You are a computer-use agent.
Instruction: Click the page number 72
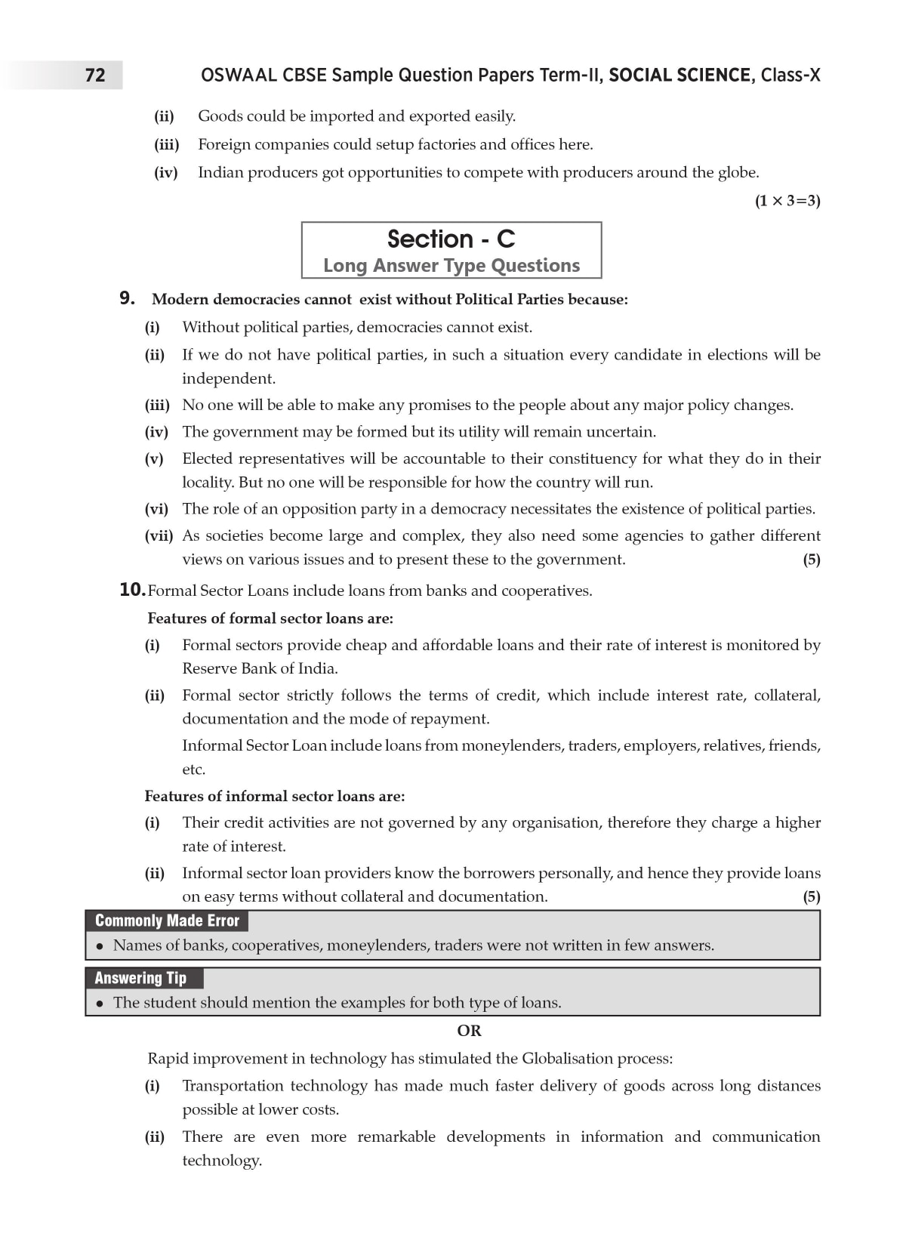(95, 76)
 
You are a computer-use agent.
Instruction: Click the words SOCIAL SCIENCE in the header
(679, 76)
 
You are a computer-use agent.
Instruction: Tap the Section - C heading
(451, 239)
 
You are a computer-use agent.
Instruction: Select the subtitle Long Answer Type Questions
(451, 266)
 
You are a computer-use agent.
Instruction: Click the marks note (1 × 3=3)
(787, 201)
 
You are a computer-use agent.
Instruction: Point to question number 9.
(128, 299)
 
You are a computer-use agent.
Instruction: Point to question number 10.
(131, 590)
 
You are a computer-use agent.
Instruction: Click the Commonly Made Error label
(167, 921)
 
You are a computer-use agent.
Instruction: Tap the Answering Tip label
(140, 978)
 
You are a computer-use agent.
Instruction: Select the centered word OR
(469, 1031)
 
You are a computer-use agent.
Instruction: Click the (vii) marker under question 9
(159, 536)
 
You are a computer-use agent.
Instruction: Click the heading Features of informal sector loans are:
(275, 797)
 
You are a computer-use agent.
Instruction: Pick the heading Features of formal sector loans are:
(270, 618)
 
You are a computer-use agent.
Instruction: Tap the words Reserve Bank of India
(260, 669)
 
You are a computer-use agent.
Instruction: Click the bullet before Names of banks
(99, 946)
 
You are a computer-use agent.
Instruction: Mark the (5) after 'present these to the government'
(811, 560)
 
